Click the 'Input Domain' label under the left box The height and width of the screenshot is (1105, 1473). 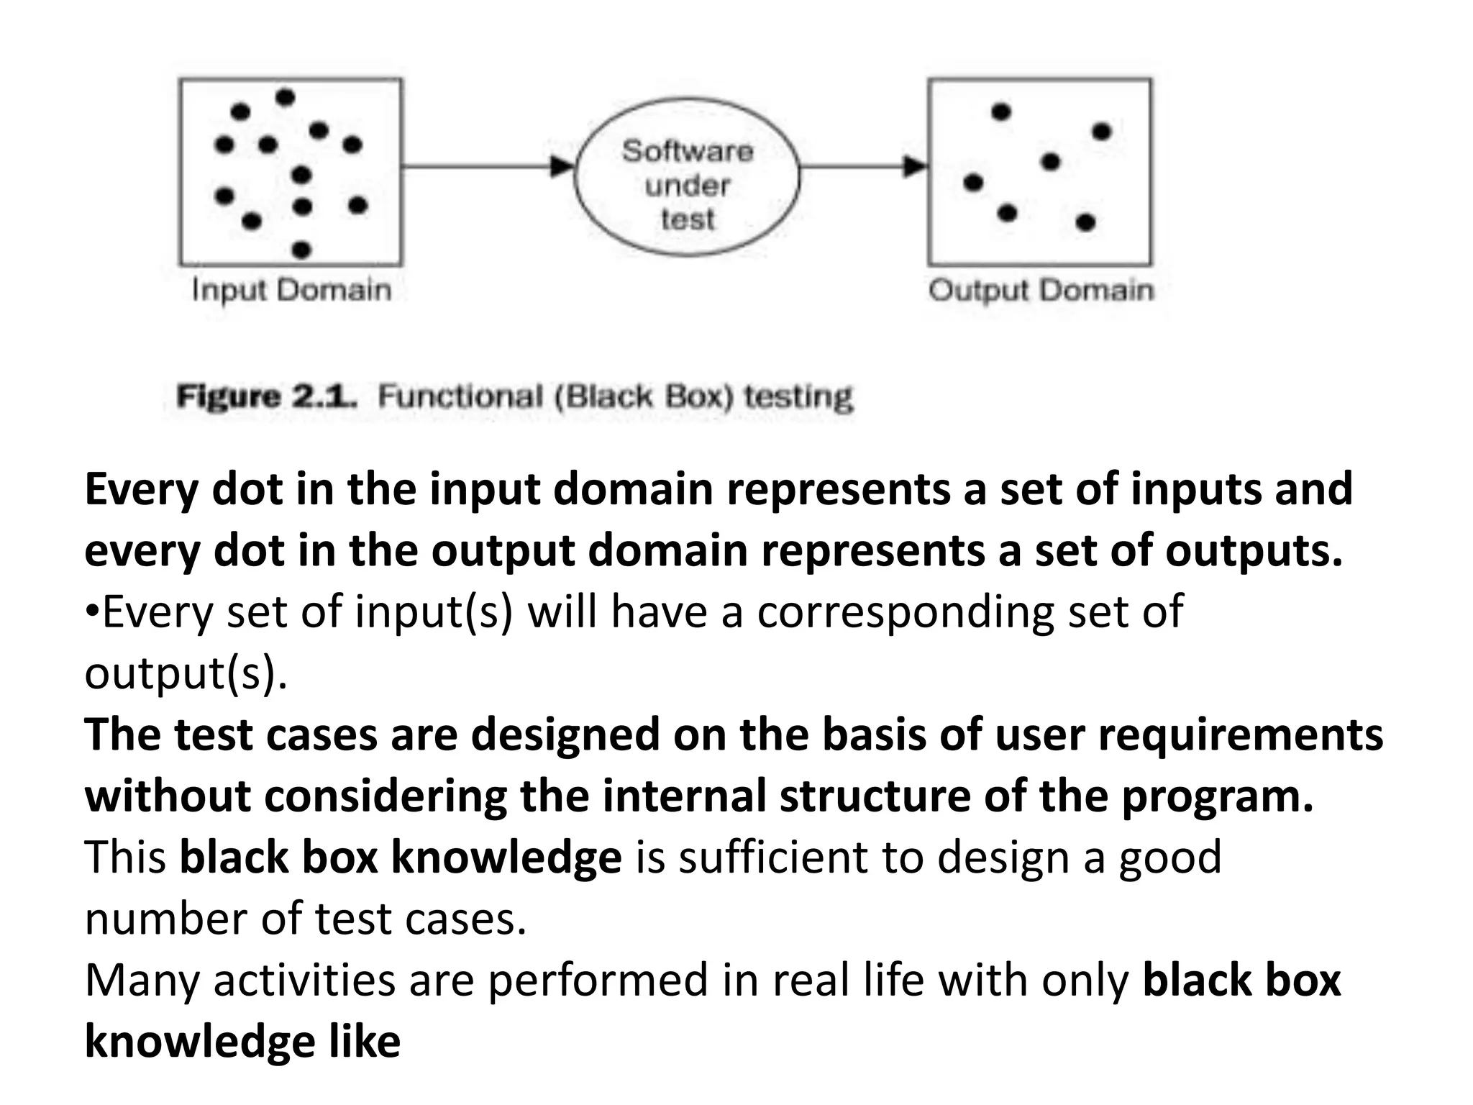291,290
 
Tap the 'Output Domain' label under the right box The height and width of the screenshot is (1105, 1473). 1040,290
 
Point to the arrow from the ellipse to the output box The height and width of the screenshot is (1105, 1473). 863,167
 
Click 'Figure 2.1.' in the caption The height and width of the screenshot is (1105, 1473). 267,396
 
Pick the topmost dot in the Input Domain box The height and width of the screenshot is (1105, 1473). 286,96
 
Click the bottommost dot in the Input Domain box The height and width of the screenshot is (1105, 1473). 302,250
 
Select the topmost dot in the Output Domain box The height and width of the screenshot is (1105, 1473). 1001,112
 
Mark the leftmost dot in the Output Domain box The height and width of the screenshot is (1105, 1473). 973,183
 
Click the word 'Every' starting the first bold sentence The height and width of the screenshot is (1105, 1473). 140,489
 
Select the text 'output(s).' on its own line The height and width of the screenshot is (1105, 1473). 186,674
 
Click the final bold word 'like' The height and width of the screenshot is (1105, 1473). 364,1042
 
